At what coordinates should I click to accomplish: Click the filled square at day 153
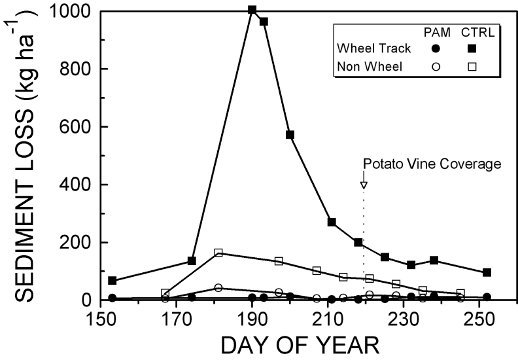112,280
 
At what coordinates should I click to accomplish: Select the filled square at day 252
487,272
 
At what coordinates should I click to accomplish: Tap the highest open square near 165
218,253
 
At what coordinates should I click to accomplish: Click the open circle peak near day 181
218,287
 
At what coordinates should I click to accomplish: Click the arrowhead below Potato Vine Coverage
364,185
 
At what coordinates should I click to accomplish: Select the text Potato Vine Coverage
432,164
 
